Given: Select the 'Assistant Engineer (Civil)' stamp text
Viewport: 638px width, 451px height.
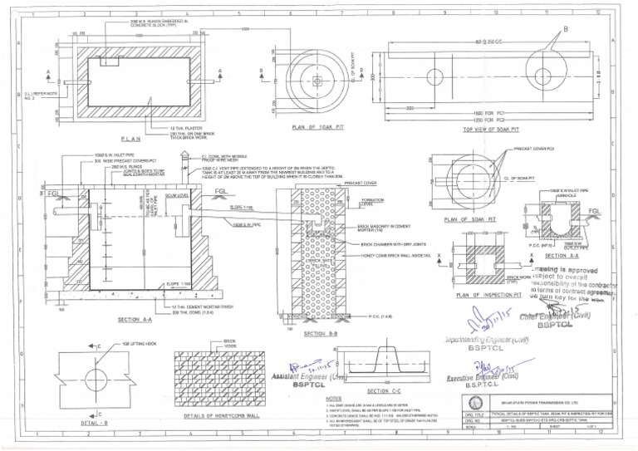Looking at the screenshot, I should (308, 376).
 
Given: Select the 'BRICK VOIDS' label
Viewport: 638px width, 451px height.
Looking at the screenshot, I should (229, 343).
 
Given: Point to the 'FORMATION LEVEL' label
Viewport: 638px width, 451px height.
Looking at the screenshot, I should (371, 202).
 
